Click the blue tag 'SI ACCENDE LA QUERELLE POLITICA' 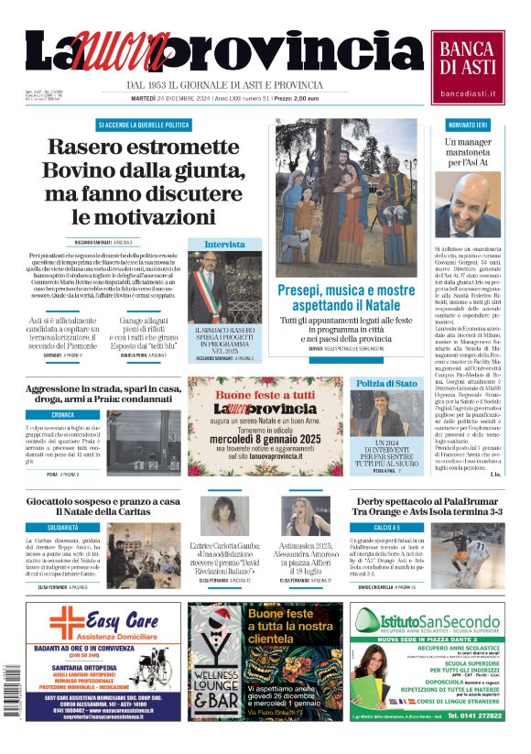pyautogui.click(x=144, y=125)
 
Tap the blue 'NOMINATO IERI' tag pyautogui.click(x=467, y=125)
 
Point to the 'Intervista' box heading pyautogui.click(x=224, y=245)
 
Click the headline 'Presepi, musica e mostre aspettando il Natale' pyautogui.click(x=345, y=297)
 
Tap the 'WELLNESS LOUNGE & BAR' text pyautogui.click(x=213, y=683)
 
